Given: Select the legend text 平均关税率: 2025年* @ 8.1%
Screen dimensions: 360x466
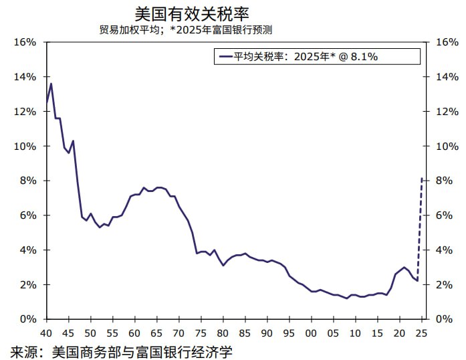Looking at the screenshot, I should pos(306,57).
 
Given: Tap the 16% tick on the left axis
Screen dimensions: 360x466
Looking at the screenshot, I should pos(25,42).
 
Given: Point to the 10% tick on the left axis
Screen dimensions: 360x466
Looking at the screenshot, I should pos(25,146).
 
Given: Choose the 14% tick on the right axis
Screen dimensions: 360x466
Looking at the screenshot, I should pos(446,77).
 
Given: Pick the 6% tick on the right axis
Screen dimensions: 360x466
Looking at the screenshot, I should pos(443,215).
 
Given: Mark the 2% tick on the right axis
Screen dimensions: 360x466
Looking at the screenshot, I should pos(443,284).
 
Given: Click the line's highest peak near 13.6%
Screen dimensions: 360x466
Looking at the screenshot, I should pos(51,84).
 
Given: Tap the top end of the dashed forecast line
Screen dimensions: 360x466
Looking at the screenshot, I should pos(421,179).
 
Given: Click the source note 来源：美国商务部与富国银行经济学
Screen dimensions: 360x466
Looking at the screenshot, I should pos(121,351).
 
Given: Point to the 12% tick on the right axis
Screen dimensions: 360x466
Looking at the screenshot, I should pos(446,112).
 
